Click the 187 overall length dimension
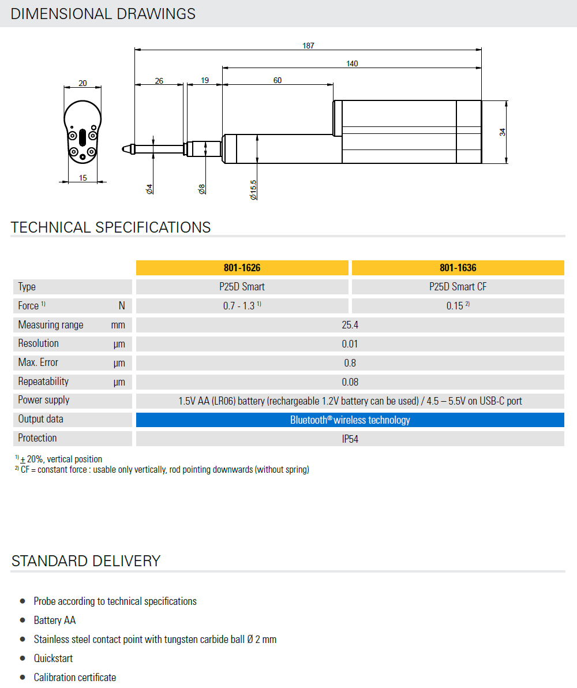coord(308,46)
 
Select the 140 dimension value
coord(352,63)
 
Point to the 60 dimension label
coord(278,80)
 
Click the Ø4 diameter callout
coord(149,189)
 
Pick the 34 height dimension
coord(503,132)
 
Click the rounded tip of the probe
coord(125,149)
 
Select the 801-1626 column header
coord(242,268)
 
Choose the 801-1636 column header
coord(458,268)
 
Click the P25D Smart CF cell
coord(458,287)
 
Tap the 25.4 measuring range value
coord(350,325)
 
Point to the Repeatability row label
coord(43,382)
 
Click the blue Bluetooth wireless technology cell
coord(350,420)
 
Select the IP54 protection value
coord(350,439)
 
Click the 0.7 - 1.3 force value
coord(242,306)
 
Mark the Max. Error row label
coord(38,362)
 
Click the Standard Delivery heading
coord(86,561)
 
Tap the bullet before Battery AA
coord(23,620)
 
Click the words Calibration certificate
coord(75,677)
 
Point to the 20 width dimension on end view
coord(83,84)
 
